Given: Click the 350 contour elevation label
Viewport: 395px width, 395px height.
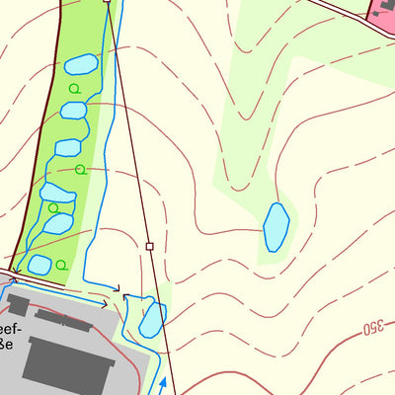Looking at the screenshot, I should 372,327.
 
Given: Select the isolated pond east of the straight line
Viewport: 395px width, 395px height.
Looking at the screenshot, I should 276,226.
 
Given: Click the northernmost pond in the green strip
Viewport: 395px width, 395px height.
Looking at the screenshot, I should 81,66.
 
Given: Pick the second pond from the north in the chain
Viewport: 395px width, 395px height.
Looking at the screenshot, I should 74,110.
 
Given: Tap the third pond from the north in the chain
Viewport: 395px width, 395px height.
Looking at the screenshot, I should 67,148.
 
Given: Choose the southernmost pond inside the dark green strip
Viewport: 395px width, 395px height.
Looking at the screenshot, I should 39,265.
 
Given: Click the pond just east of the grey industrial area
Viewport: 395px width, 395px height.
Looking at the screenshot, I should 151,319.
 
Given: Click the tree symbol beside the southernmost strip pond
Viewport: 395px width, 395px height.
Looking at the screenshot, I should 61,265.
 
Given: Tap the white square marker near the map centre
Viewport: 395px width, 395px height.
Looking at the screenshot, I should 149,246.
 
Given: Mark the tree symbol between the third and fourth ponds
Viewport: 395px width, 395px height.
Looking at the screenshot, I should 80,169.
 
